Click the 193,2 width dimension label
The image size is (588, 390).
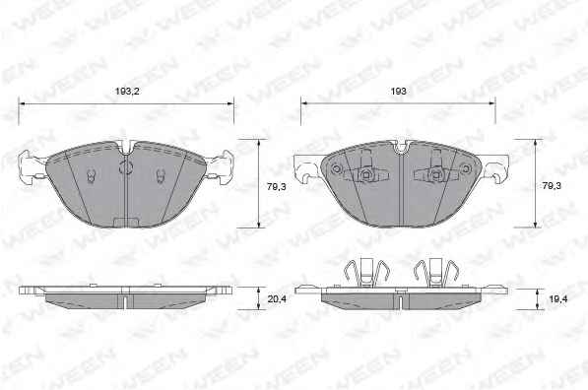127,92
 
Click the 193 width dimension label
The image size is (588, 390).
398,92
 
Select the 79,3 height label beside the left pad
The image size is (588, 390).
277,186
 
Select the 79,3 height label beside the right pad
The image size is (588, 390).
552,185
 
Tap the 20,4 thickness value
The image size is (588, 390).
277,299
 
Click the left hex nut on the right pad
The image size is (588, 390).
365,173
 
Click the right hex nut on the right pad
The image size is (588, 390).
435,173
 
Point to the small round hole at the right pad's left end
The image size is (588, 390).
337,169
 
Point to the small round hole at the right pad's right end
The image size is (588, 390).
465,169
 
